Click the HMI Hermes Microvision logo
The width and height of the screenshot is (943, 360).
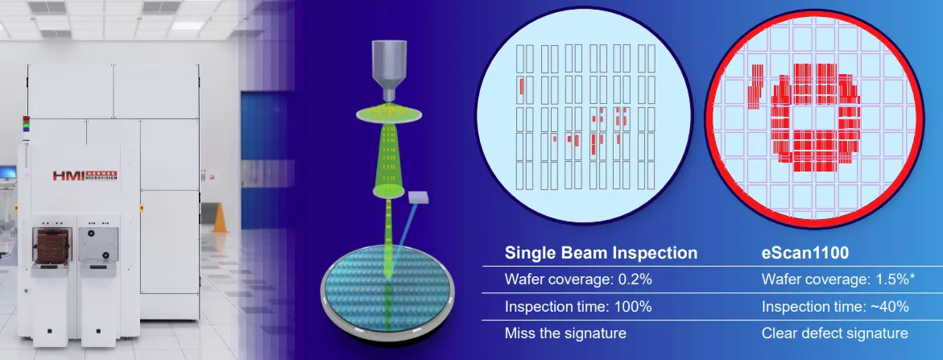pos(85,175)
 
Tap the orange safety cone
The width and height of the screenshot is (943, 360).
pos(220,217)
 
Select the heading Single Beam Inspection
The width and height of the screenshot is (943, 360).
pos(601,253)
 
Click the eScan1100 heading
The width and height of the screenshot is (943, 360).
pos(805,253)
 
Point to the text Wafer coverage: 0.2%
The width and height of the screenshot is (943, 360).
pos(578,279)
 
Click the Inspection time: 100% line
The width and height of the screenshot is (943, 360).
pos(578,307)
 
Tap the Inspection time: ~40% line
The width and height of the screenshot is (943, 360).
pos(835,307)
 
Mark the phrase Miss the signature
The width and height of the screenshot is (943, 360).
pos(565,333)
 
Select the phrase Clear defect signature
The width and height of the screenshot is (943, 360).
pos(835,333)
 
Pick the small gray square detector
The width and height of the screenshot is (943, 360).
pos(416,197)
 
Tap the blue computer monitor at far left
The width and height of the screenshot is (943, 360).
pos(8,172)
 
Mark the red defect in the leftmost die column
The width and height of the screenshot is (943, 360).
pos(521,86)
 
